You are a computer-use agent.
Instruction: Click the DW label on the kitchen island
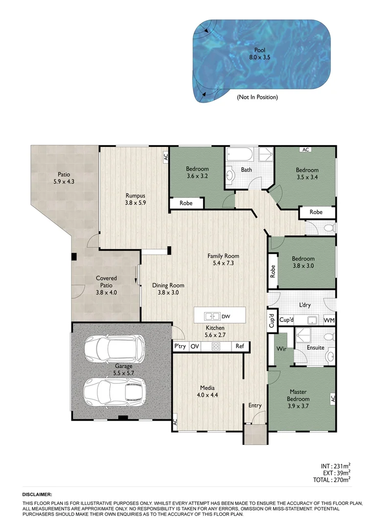(x=225, y=316)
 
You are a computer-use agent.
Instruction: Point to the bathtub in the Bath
(x=240, y=156)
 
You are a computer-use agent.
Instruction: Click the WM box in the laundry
(x=329, y=320)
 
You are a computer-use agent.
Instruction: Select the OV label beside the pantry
(x=194, y=346)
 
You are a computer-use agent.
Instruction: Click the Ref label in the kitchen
(x=239, y=346)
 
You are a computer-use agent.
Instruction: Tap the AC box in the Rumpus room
(x=165, y=157)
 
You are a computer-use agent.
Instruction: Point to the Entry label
(x=255, y=406)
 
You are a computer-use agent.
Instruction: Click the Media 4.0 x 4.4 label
(x=207, y=391)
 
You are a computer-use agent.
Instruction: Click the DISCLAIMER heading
(x=37, y=495)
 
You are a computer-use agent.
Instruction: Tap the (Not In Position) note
(x=257, y=97)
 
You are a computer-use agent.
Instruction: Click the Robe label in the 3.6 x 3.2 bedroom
(x=186, y=203)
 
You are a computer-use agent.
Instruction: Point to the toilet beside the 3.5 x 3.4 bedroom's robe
(x=328, y=228)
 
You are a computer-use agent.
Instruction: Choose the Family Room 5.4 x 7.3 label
(x=223, y=260)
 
